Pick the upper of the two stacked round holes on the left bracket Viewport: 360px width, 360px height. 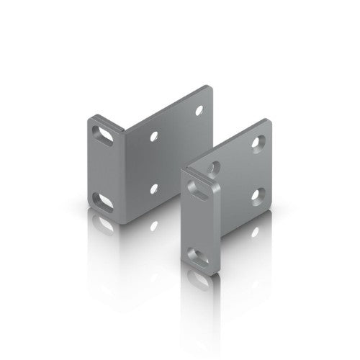[x=152, y=134]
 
